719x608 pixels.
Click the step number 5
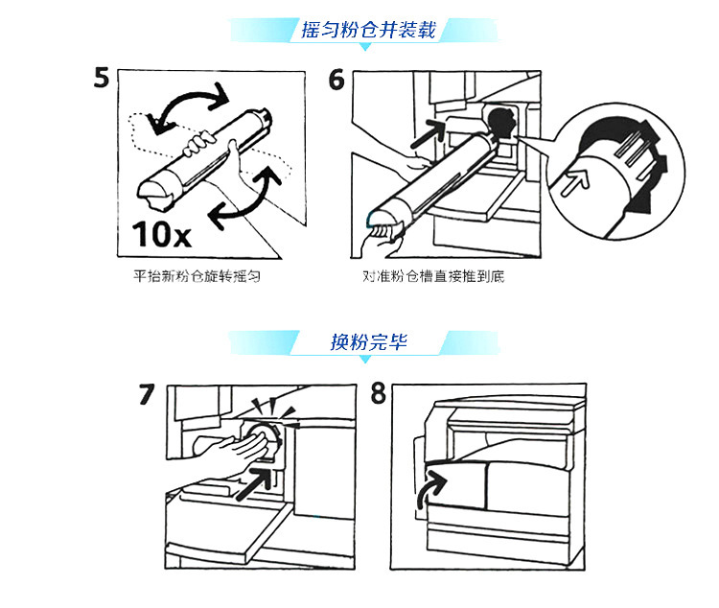[x=102, y=78]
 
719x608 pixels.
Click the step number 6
[x=336, y=78]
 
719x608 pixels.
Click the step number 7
[x=147, y=394]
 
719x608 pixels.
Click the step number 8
[x=380, y=394]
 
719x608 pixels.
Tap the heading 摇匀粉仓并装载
[x=367, y=30]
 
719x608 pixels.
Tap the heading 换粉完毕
[x=368, y=341]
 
